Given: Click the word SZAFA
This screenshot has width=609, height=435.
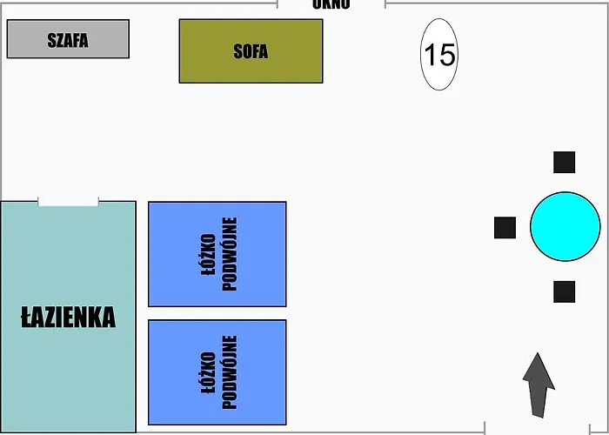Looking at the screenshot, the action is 68,40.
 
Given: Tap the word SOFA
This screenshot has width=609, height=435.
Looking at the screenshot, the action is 251,51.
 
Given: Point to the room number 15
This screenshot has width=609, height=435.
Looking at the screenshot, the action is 439,55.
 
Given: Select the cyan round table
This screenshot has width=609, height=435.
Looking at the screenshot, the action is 565,226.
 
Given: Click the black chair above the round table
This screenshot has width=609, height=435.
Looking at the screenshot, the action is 565,162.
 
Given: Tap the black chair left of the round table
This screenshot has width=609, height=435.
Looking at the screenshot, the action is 505,227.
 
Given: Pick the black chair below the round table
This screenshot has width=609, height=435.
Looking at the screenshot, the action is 565,291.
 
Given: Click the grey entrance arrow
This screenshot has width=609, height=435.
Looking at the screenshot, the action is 539,390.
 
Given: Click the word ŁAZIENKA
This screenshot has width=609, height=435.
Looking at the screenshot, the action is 68,318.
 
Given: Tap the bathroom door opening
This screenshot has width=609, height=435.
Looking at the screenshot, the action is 68,202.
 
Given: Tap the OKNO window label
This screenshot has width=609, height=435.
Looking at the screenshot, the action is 331,4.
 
